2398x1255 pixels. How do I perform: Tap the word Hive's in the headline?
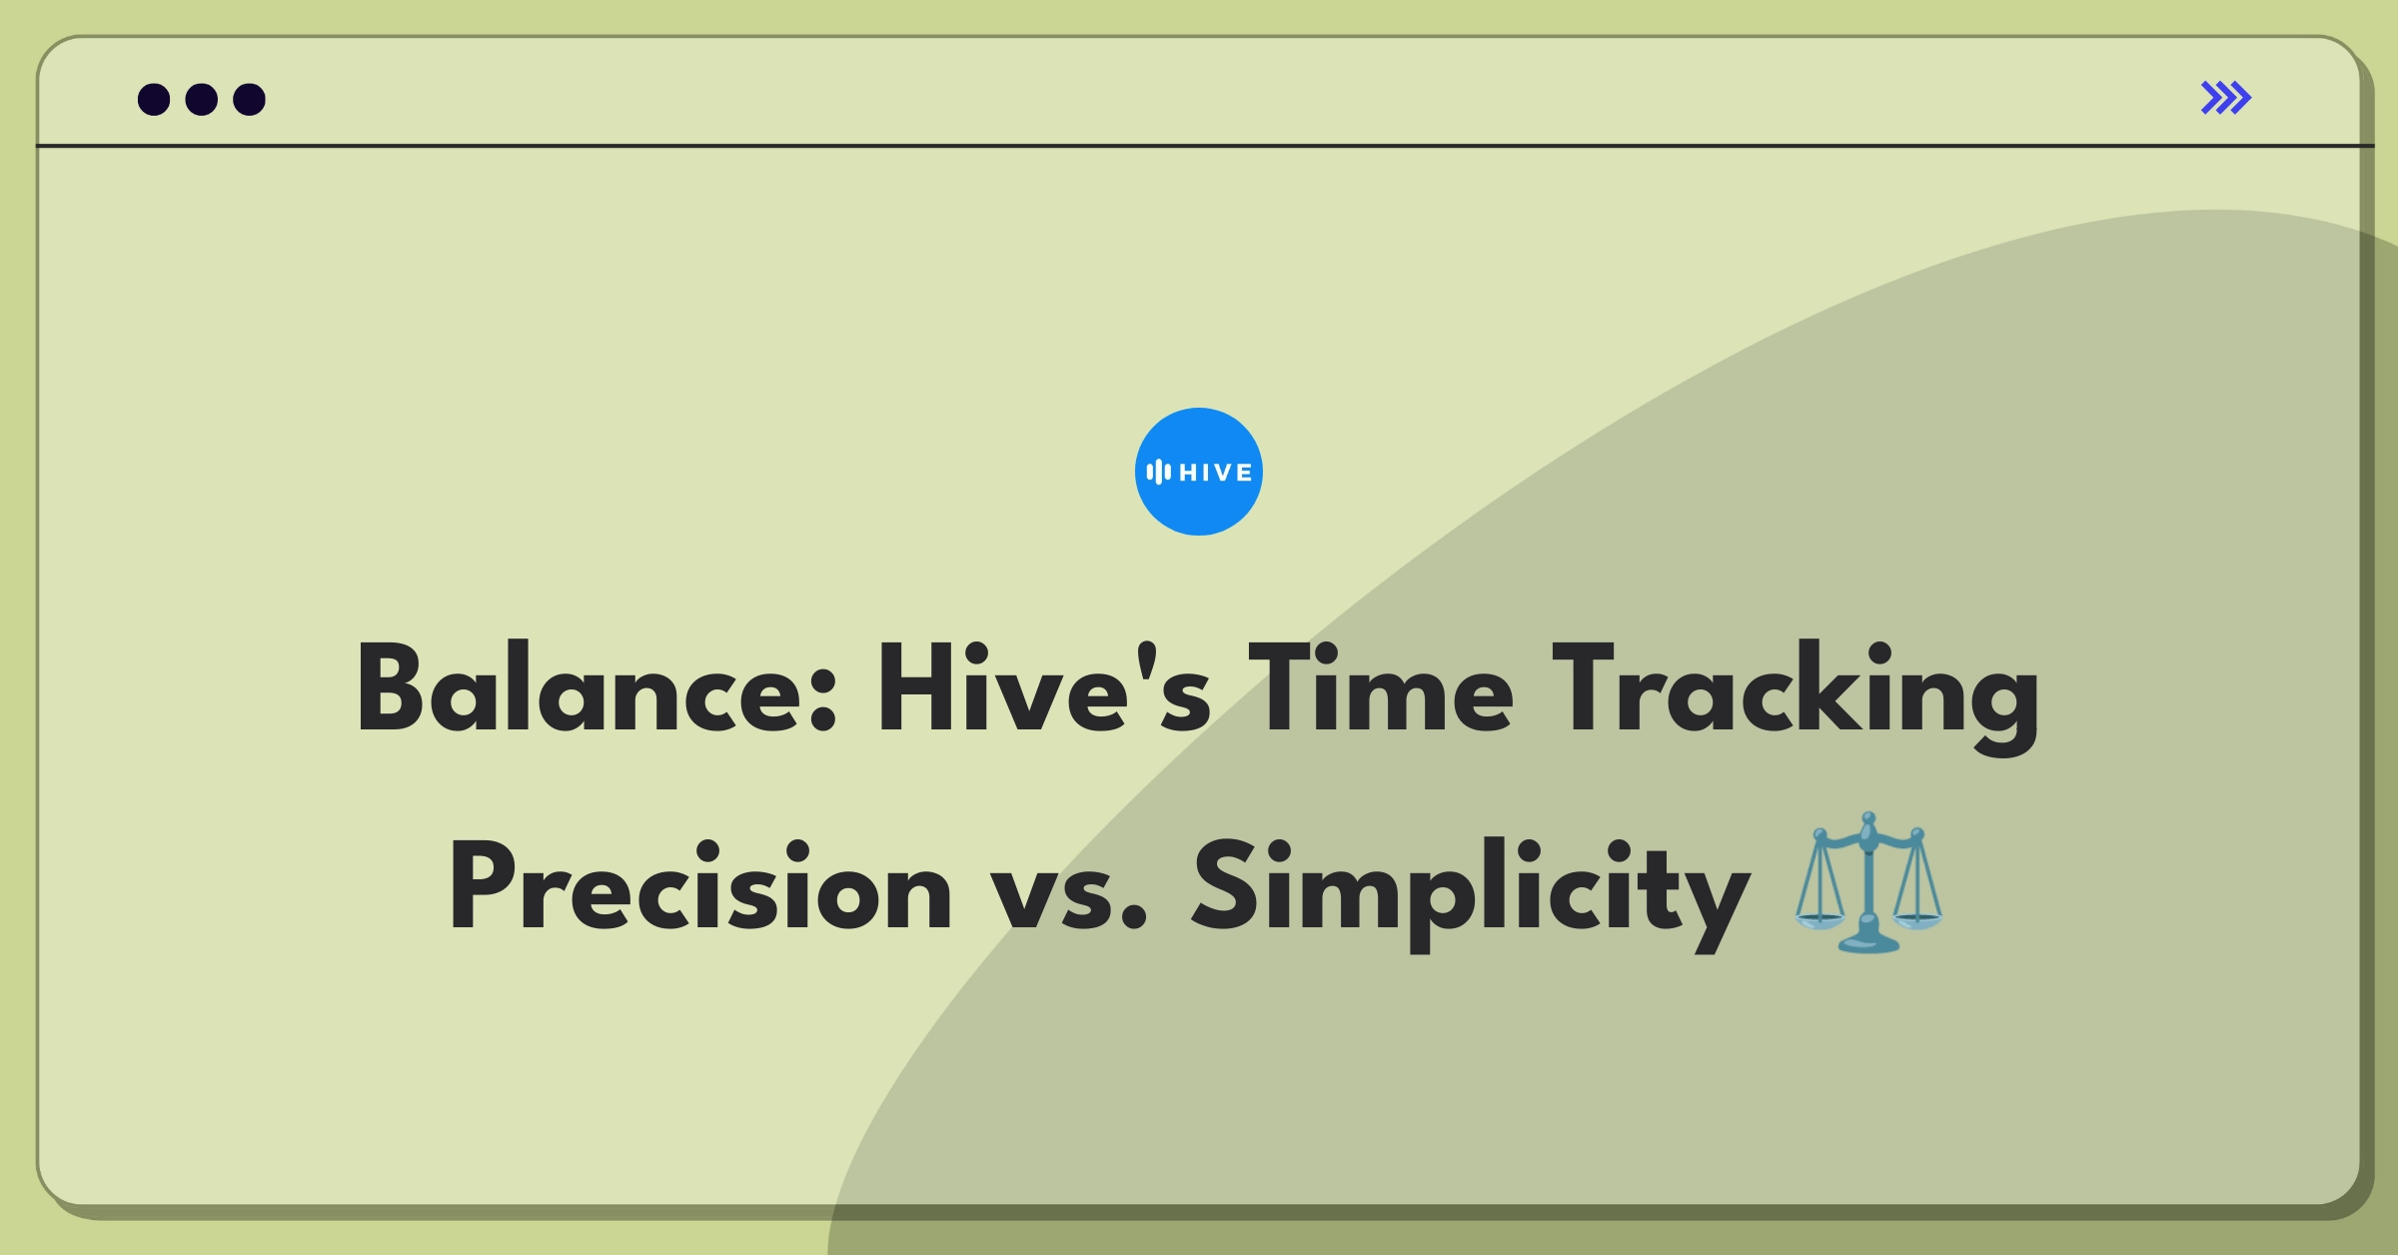[x=1044, y=688]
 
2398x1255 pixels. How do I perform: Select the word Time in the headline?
[x=1381, y=688]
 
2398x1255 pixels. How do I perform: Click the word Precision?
[x=700, y=886]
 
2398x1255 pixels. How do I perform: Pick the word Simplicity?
[x=1470, y=894]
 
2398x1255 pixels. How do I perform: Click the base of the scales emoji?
[x=1867, y=942]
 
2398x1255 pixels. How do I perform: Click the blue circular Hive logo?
[x=1198, y=472]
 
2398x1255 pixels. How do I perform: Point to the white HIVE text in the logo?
[x=1215, y=473]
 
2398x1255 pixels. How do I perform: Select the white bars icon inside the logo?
[x=1158, y=472]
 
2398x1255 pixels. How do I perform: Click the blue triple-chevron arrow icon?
[x=2225, y=98]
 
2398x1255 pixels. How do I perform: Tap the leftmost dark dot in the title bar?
[x=154, y=99]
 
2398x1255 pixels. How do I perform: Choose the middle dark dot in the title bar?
[x=202, y=99]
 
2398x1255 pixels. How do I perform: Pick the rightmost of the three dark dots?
[x=249, y=99]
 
